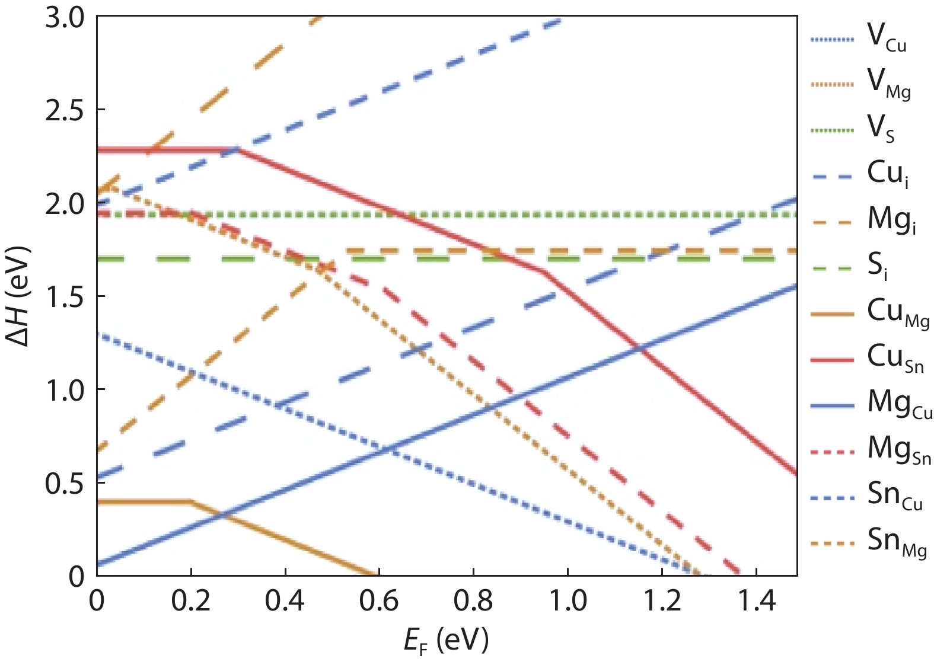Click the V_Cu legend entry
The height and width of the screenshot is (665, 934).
point(886,38)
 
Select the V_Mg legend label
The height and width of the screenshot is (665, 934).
point(888,84)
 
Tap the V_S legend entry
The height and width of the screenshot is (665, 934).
point(881,129)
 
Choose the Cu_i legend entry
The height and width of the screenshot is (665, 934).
point(887,174)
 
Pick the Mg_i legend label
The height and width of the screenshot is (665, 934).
point(891,220)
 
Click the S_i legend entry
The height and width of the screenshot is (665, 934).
point(878,266)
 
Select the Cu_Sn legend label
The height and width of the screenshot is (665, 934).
point(895,358)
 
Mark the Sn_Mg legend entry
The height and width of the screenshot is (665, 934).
point(896,542)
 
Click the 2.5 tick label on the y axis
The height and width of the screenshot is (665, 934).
point(65,111)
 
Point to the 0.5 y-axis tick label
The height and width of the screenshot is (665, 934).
point(65,484)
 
